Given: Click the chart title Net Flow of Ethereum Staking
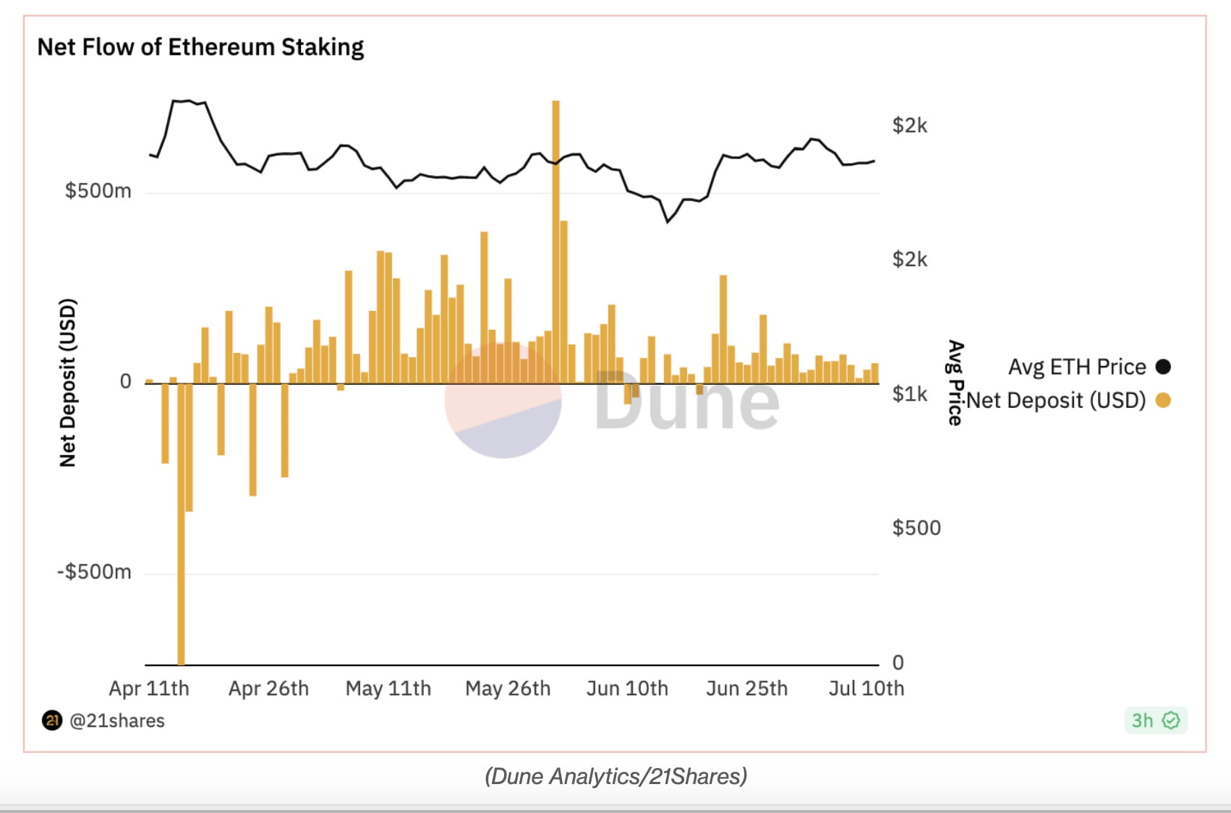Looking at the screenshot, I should coord(200,47).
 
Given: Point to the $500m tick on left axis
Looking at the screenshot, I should coord(98,191).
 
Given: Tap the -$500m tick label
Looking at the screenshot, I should coord(95,572).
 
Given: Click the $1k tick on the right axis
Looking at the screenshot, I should coord(909,394).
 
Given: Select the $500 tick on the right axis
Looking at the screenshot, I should coord(916,528).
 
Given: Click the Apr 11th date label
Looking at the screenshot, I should coord(149,688).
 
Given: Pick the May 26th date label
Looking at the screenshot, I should coord(508,688).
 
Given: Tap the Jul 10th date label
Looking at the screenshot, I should coord(866,688).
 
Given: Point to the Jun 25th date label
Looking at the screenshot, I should coord(746,688).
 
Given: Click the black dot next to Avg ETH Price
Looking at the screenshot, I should coord(1163,367).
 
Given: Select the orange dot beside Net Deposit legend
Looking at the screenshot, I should coord(1163,400).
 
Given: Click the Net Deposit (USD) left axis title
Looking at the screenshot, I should coord(67,383).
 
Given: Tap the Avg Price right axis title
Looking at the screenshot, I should coord(955,383).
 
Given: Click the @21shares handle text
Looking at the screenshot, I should coord(116,721).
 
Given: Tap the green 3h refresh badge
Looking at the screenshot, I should coord(1155,720).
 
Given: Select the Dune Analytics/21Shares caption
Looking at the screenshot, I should coord(615,776).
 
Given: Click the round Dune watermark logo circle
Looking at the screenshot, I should coord(503,400).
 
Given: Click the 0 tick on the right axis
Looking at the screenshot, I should coord(898,663).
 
